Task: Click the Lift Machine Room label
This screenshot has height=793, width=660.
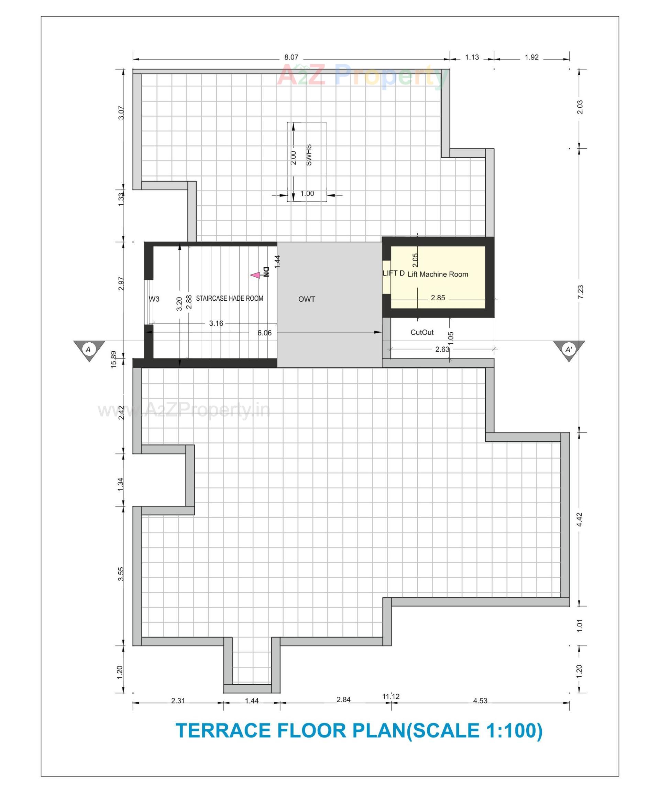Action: [x=438, y=275]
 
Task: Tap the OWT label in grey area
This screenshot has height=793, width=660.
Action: [x=306, y=299]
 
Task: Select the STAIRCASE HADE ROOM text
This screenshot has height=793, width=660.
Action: [x=229, y=298]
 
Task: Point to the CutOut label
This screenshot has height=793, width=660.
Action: [x=422, y=332]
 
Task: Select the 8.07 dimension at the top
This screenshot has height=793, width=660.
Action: [x=291, y=57]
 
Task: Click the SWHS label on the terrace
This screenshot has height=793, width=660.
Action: [x=309, y=155]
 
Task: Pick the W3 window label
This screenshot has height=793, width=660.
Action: [x=154, y=299]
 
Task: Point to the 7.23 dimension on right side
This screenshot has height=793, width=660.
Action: [x=580, y=291]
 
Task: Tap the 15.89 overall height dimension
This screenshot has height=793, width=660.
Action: [x=113, y=359]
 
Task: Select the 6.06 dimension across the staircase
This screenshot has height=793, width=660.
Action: [x=264, y=333]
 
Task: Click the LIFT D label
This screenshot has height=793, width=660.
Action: [x=394, y=273]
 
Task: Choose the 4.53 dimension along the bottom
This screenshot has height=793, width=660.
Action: [x=480, y=701]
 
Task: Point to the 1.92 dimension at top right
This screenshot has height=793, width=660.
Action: [x=531, y=57]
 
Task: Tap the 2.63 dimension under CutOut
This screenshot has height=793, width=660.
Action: [x=442, y=349]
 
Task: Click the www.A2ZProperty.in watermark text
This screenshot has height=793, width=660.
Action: [x=184, y=410]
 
